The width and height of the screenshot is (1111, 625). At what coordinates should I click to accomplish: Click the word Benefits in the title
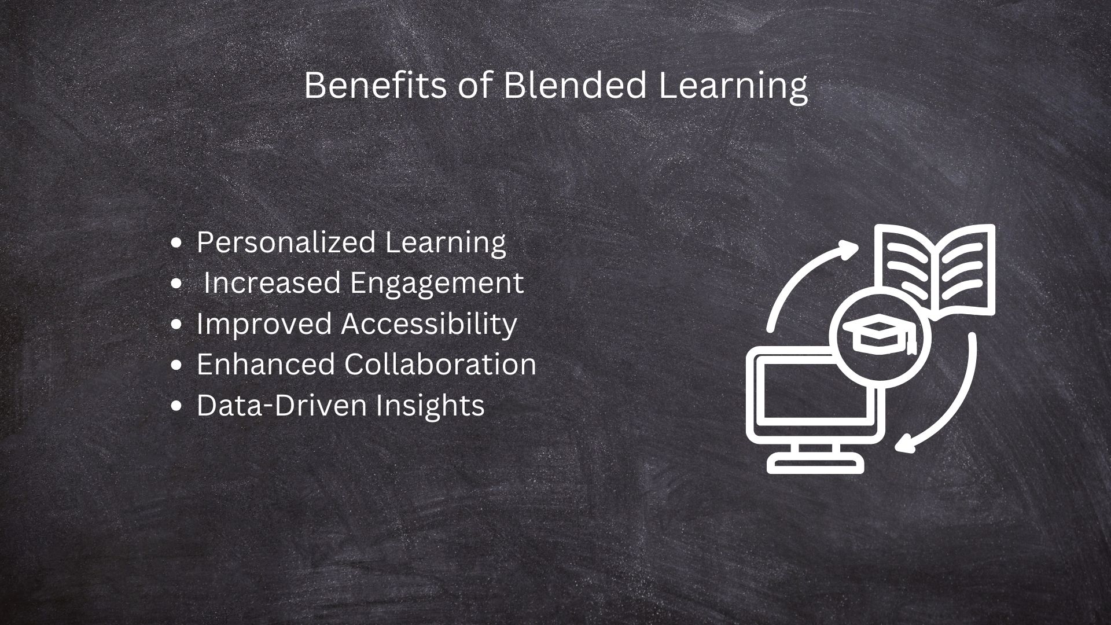click(x=375, y=86)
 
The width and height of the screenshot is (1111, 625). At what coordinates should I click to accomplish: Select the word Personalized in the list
click(x=286, y=242)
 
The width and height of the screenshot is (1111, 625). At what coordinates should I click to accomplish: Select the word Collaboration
click(x=440, y=364)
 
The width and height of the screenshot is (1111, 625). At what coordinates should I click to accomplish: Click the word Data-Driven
click(x=281, y=405)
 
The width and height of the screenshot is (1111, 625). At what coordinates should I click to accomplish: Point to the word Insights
click(x=430, y=405)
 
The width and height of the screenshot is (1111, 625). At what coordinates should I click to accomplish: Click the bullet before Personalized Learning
click(x=178, y=243)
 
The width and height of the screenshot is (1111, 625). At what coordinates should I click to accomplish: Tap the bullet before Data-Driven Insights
click(x=178, y=405)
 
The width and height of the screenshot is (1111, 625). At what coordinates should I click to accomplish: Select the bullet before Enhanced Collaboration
click(x=178, y=365)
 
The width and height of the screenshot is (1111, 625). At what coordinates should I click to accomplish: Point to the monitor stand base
click(x=816, y=464)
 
